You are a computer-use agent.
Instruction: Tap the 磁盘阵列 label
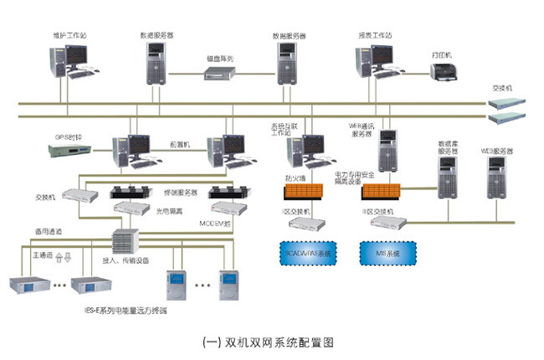click(x=220, y=59)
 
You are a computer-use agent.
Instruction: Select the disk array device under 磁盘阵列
click(x=221, y=74)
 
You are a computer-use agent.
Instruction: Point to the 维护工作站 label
click(x=68, y=36)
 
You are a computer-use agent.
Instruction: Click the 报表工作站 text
click(x=376, y=36)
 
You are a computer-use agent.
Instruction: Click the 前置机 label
click(x=181, y=144)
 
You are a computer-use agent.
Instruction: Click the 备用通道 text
click(x=48, y=230)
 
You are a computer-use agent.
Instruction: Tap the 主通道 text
click(x=43, y=251)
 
